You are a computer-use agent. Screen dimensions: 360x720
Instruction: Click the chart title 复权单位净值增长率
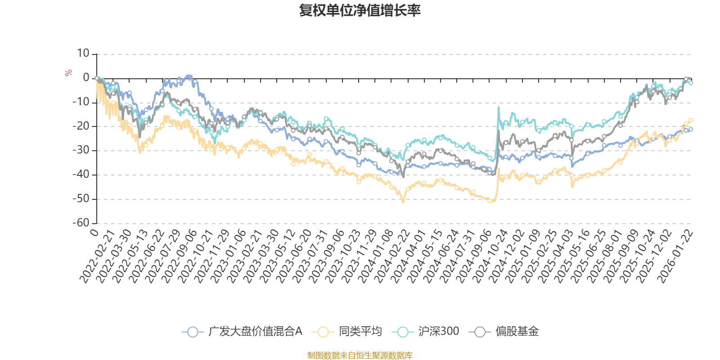(360, 10)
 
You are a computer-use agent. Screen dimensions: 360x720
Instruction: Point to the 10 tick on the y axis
(83, 54)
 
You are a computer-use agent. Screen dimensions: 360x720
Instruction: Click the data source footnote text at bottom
(360, 355)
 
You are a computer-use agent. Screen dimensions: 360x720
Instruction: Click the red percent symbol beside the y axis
(68, 73)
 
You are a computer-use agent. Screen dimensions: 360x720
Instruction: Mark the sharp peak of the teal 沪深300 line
(499, 107)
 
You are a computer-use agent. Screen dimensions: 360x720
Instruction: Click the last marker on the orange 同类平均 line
(691, 120)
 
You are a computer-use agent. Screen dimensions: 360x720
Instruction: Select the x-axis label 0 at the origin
(94, 232)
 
